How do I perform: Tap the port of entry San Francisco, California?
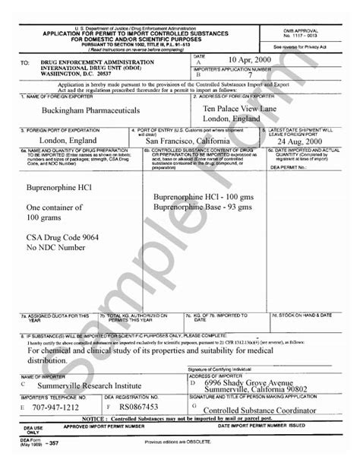[193, 141]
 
